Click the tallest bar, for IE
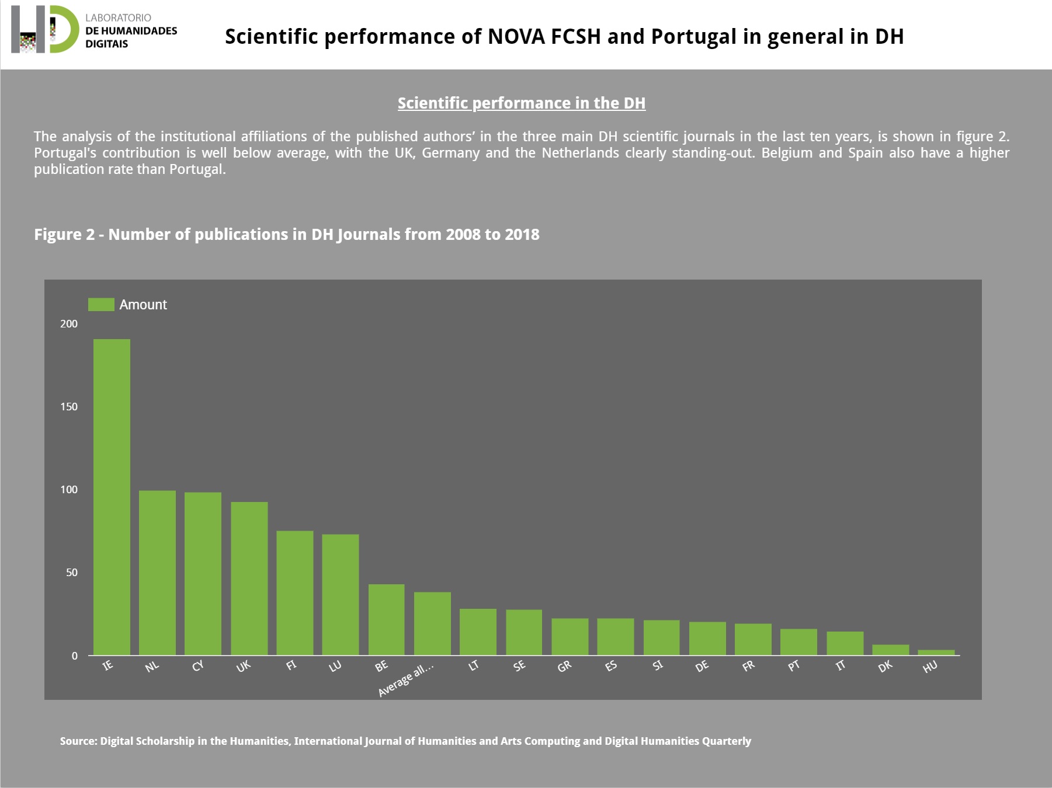(x=112, y=497)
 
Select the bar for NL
(x=157, y=573)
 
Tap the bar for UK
(x=249, y=578)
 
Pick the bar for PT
(x=798, y=641)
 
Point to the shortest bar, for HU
(x=936, y=653)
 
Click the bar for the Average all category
(x=432, y=623)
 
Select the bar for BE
(x=386, y=619)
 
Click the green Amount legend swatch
(x=101, y=305)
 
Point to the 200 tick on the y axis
(x=69, y=324)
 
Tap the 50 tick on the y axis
(x=72, y=573)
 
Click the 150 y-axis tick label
(x=69, y=407)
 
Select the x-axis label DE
(x=702, y=666)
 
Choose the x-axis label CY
(x=198, y=666)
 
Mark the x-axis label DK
(x=885, y=666)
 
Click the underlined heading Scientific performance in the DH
(x=521, y=103)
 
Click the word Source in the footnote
(x=78, y=741)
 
